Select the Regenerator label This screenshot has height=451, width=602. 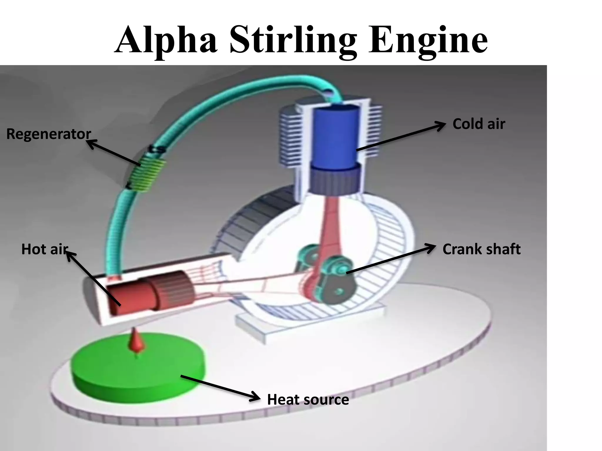(x=49, y=134)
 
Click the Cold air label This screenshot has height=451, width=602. (x=479, y=124)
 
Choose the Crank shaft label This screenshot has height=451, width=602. (x=481, y=249)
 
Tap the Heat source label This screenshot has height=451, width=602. (x=308, y=400)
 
